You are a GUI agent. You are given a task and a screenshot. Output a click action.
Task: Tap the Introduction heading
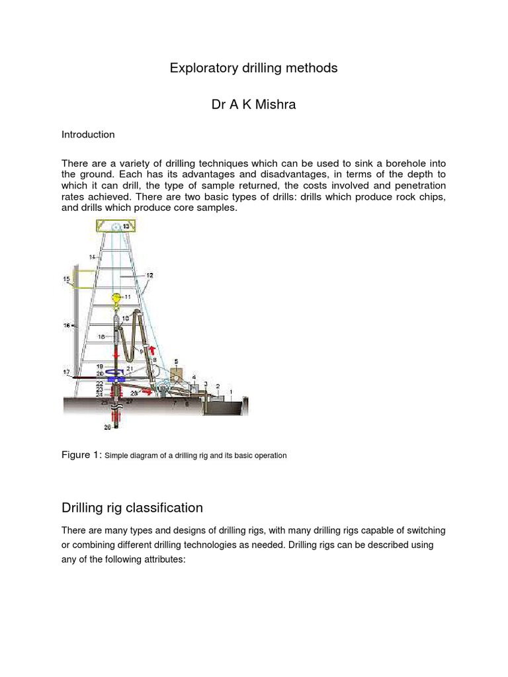[x=88, y=134]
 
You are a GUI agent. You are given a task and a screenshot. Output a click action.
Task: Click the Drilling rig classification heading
[x=132, y=508]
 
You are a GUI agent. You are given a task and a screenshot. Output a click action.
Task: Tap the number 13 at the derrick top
[x=127, y=227]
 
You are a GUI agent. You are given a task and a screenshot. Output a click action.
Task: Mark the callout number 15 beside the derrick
[x=66, y=280]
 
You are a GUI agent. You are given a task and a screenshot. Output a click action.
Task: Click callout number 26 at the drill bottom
[x=107, y=427]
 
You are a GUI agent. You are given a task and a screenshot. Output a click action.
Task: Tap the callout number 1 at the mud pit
[x=231, y=391]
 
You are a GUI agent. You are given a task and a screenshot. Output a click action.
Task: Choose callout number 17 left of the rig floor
[x=66, y=372]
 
